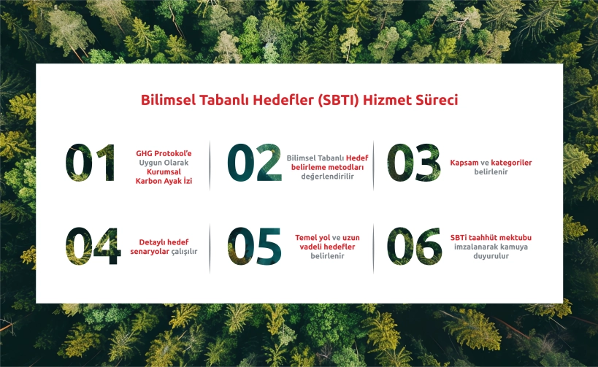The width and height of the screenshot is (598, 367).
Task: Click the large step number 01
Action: (x=91, y=163)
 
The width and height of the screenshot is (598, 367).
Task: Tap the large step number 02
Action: (x=254, y=163)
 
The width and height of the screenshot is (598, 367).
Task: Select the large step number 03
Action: (x=414, y=163)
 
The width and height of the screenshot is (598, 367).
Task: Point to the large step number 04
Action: (x=93, y=246)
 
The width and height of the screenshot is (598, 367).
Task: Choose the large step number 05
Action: (x=254, y=246)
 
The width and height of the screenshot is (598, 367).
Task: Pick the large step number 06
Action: (x=415, y=246)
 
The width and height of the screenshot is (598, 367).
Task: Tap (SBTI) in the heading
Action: (x=338, y=100)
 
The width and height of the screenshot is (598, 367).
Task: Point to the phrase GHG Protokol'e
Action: (x=164, y=153)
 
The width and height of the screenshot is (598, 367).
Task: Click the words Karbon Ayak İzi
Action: (x=164, y=181)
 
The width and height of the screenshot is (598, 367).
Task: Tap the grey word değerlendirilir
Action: (x=327, y=177)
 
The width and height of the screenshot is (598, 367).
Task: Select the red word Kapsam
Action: (x=464, y=163)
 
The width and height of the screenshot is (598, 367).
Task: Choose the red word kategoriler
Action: (x=511, y=163)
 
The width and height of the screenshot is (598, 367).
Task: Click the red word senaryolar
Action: (x=150, y=252)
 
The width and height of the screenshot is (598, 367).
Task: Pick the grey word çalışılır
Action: (x=184, y=252)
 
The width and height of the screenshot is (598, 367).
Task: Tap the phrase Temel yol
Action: (x=313, y=237)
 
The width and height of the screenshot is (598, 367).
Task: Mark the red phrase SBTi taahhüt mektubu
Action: (x=491, y=237)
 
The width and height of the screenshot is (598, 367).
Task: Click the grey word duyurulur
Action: (x=491, y=256)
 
